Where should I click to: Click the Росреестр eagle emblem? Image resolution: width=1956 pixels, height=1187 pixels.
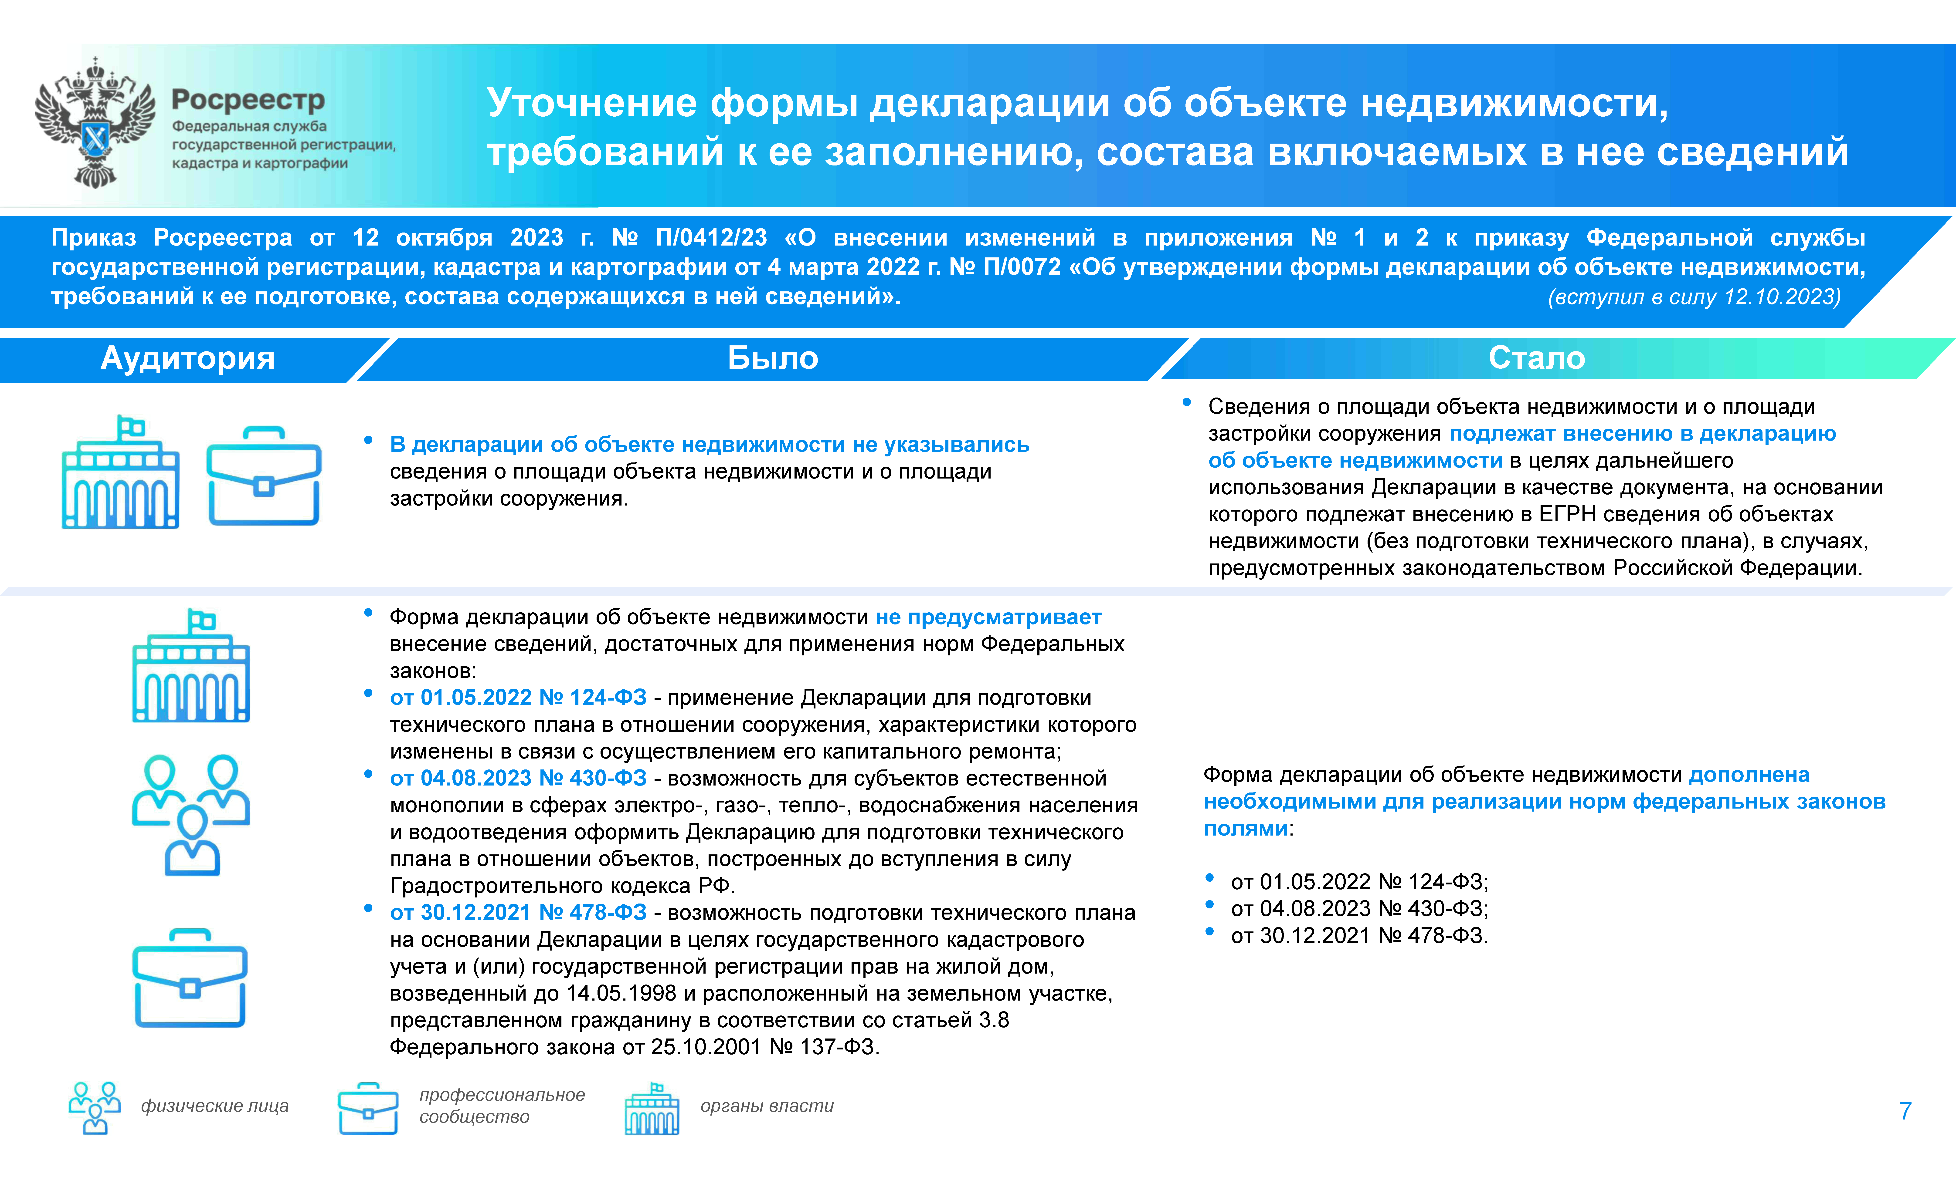click(x=95, y=123)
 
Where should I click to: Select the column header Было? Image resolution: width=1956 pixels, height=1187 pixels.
click(x=772, y=359)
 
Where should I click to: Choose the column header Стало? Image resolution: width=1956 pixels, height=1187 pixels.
click(x=1536, y=359)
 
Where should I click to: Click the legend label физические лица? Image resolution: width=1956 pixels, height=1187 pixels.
click(x=214, y=1106)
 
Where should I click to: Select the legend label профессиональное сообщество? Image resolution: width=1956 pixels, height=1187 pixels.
click(x=502, y=1106)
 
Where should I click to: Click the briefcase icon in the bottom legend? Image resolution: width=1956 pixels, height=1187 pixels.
click(x=367, y=1108)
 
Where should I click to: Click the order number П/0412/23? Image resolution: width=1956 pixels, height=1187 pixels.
click(x=711, y=238)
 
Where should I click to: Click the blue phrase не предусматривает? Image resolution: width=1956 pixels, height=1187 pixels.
click(x=988, y=617)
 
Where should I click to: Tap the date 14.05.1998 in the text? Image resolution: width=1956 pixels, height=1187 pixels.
click(x=621, y=993)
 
